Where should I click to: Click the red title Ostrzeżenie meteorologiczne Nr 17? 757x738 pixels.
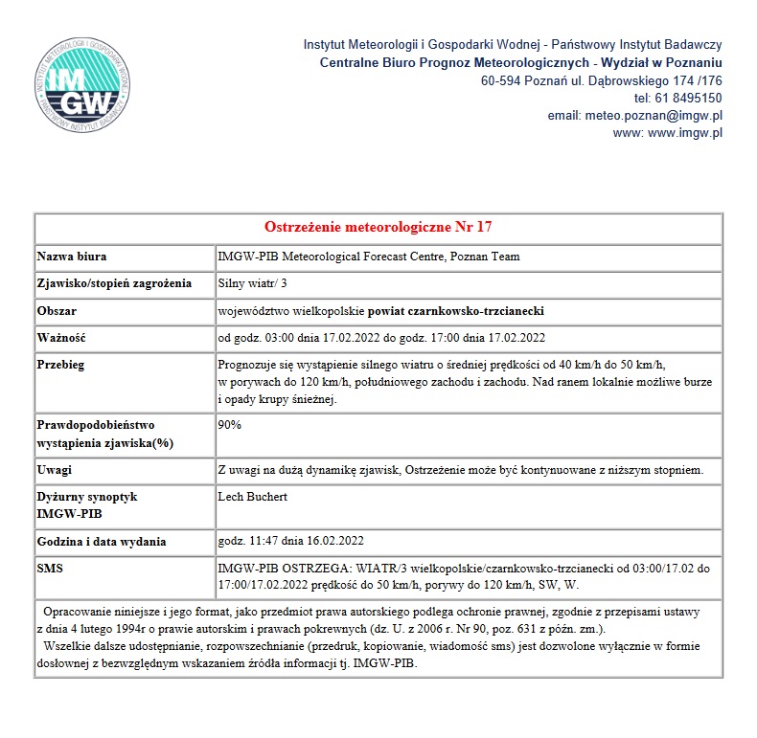(378, 227)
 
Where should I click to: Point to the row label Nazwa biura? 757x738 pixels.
(72, 257)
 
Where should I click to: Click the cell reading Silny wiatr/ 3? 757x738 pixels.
(253, 283)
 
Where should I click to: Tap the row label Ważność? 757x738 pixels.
(62, 338)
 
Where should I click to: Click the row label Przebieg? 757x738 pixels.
(62, 365)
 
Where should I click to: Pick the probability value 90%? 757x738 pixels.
(230, 424)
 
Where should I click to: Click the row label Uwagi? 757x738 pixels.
(55, 470)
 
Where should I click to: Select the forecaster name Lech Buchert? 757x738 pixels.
(253, 497)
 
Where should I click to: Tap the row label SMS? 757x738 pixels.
(50, 568)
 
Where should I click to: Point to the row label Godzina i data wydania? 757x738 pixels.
(102, 542)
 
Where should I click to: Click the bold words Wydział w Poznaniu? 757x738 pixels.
(660, 62)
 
